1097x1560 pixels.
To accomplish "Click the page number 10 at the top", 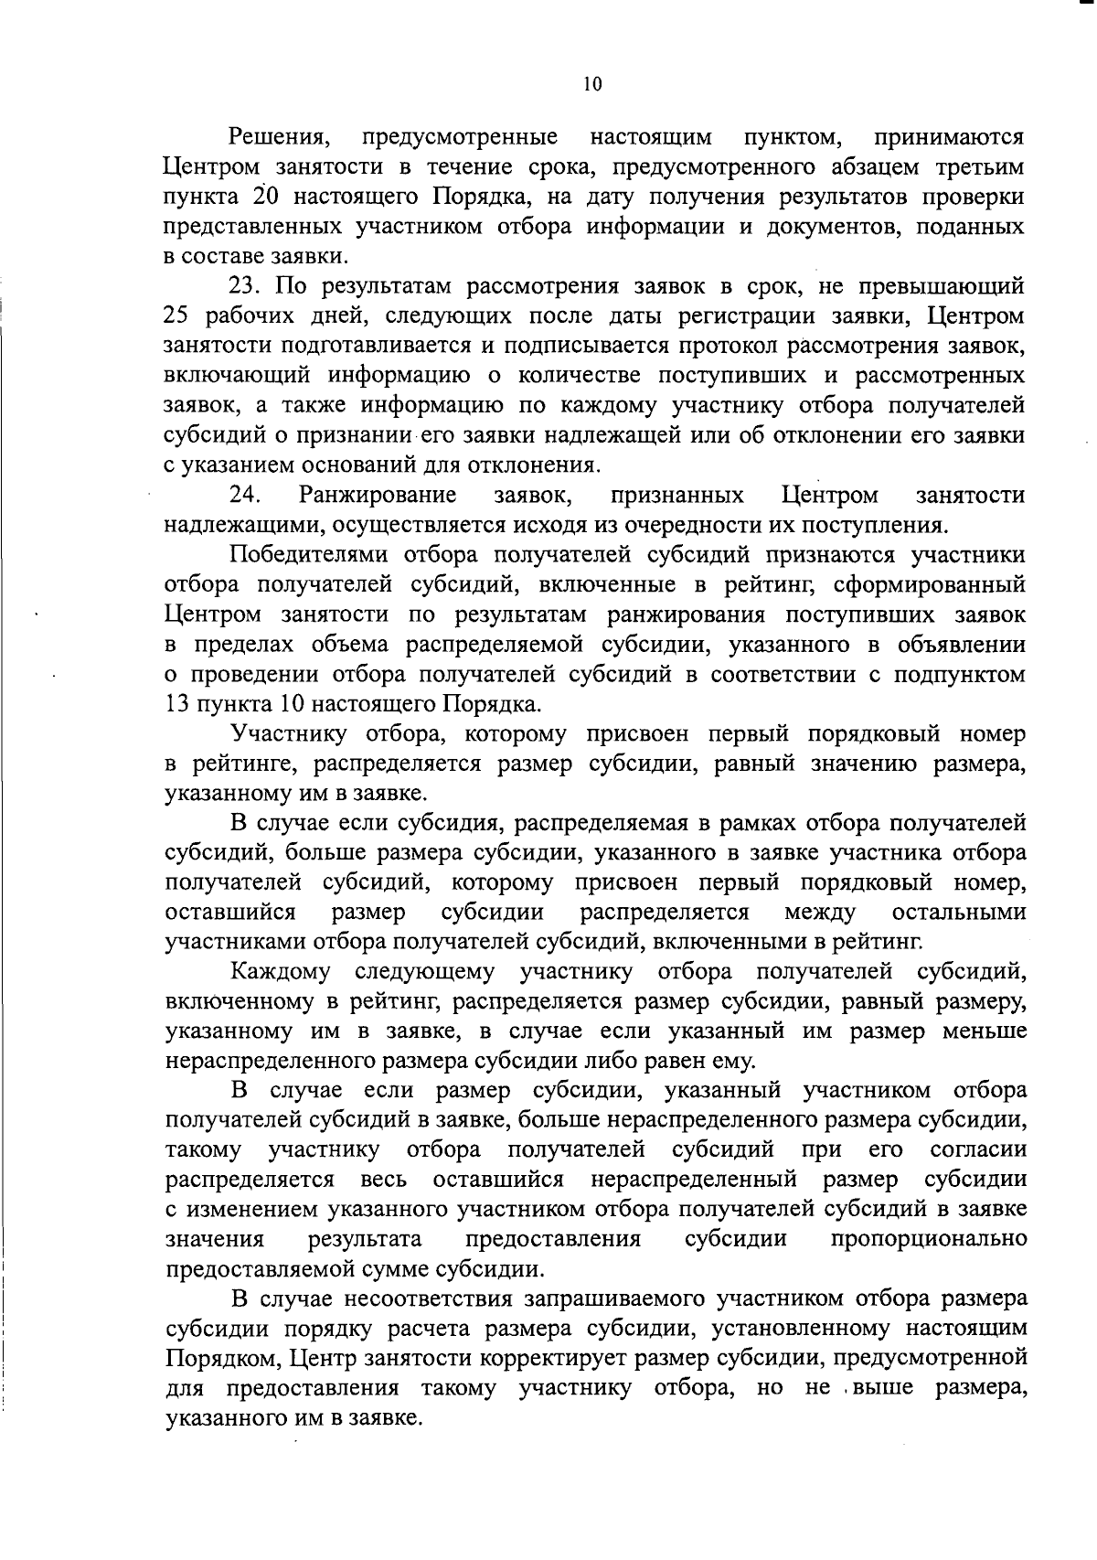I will pyautogui.click(x=592, y=85).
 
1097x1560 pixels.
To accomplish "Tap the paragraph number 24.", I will pyautogui.click(x=246, y=496).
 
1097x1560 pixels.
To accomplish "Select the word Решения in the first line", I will pyautogui.click(x=277, y=138).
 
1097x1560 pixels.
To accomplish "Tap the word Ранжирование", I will pyautogui.click(x=378, y=496).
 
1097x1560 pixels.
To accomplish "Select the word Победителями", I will pyautogui.click(x=312, y=555).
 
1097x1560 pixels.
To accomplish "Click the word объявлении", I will pyautogui.click(x=964, y=645).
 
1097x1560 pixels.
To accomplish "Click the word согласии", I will pyautogui.click(x=977, y=1149).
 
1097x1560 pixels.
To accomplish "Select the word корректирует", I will pyautogui.click(x=512, y=1358).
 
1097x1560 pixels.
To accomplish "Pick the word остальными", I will pyautogui.click(x=958, y=913).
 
